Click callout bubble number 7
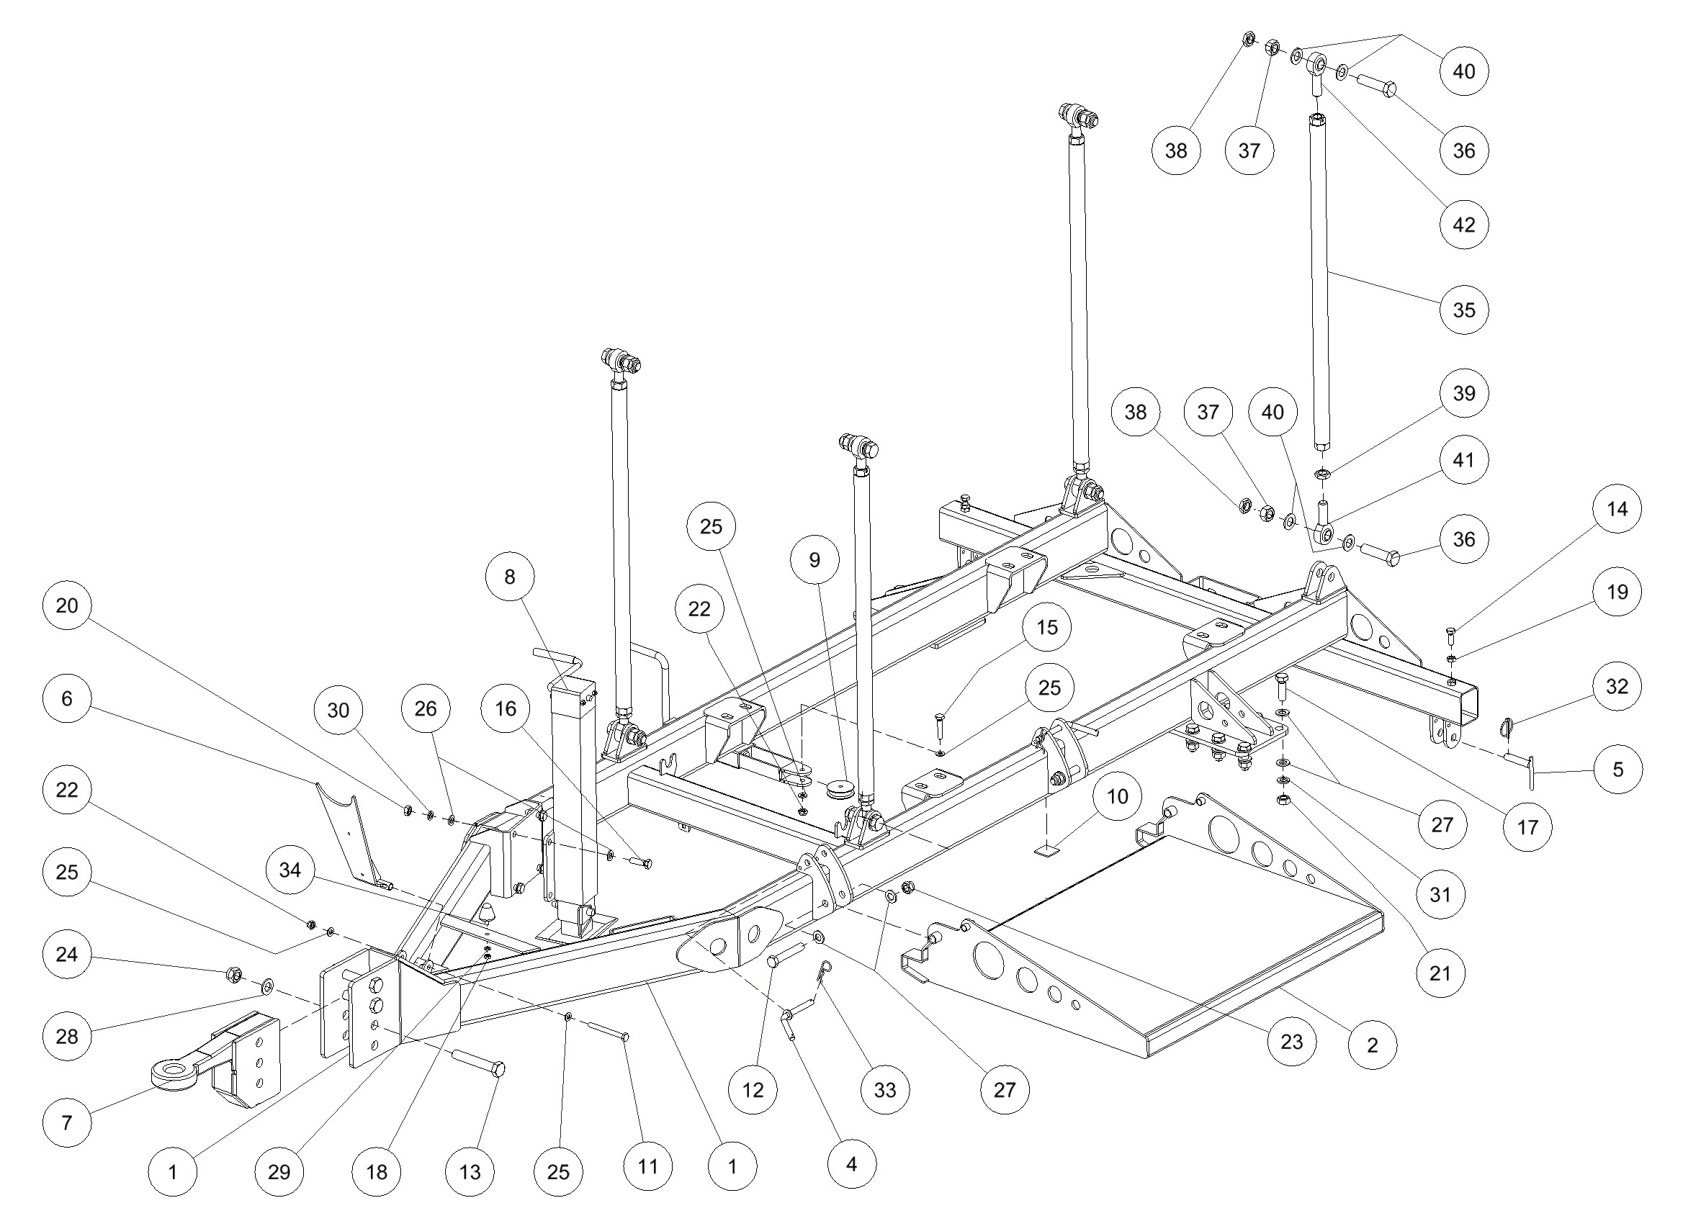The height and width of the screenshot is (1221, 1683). coord(67,1122)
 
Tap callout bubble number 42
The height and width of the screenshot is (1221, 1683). coord(1463,224)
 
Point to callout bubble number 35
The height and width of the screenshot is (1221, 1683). coord(1463,310)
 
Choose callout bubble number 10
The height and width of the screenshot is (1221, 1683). coord(1117,797)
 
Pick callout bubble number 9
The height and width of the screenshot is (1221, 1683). coord(814,559)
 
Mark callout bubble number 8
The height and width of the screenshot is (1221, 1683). coord(509,577)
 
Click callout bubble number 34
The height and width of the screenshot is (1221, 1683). coord(290,870)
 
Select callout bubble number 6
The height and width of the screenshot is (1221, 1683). coord(67,698)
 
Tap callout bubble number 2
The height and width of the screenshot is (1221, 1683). coord(1372,1045)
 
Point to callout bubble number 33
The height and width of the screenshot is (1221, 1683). coord(884,1090)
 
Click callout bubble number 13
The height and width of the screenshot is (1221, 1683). coord(470,1171)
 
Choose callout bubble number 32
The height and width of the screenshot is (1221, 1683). coord(1617,686)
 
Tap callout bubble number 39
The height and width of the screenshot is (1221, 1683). coord(1463,393)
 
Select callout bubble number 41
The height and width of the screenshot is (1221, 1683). coord(1463,460)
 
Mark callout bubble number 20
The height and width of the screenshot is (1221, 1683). coord(67,605)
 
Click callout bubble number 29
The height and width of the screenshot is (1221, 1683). coord(279,1171)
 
